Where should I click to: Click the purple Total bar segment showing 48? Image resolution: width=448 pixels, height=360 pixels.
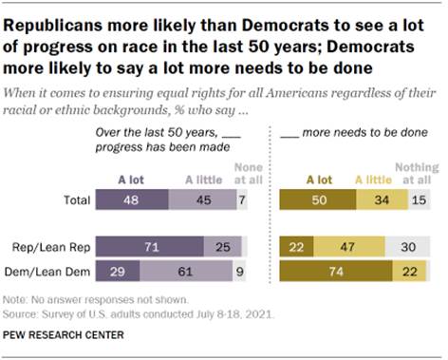click(130, 201)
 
